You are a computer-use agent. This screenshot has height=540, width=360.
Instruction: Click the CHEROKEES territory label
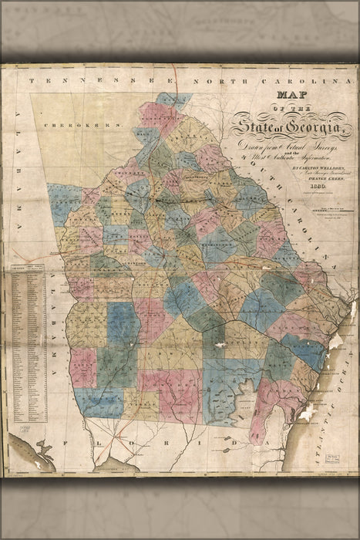click(84, 123)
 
